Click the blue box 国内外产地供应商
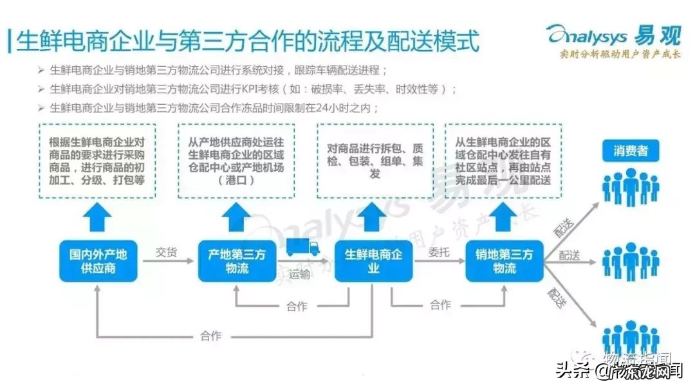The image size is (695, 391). click(x=98, y=260)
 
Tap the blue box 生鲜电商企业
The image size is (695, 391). click(x=374, y=260)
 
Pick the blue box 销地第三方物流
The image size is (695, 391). click(x=504, y=260)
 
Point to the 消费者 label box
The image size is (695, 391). click(x=630, y=152)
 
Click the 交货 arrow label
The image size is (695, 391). click(x=166, y=252)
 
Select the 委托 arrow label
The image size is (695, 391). click(x=439, y=252)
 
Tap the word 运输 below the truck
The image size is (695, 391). click(x=299, y=275)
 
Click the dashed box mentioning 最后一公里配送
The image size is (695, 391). click(x=503, y=161)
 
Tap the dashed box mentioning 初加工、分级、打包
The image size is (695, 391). click(x=97, y=161)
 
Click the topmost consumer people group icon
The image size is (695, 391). click(x=630, y=187)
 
